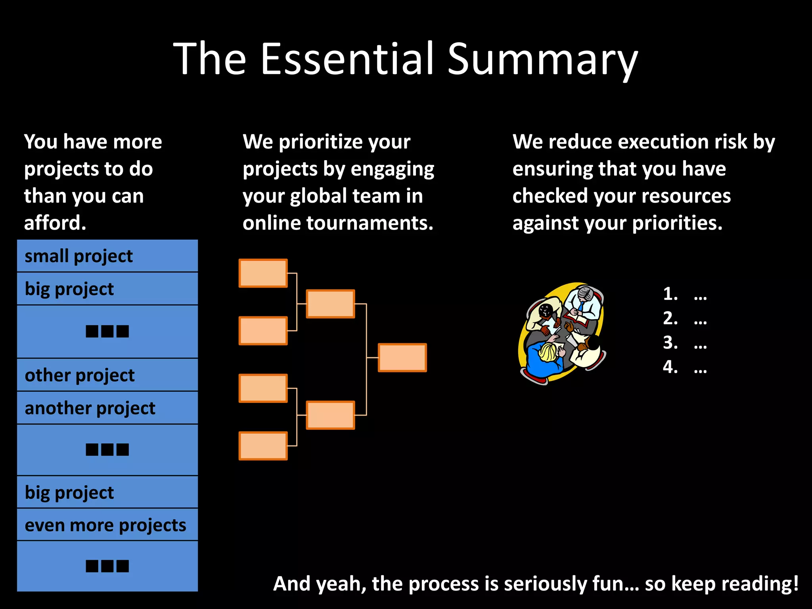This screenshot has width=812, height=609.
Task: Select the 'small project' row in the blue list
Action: [x=107, y=256]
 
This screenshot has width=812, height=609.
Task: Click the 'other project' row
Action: [x=107, y=375]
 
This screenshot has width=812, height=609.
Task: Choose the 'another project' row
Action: [x=107, y=408]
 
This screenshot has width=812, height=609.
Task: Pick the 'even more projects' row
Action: [x=107, y=525]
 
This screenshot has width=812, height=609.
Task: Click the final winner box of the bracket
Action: [x=402, y=358]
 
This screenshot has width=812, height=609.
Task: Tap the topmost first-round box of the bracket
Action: [x=263, y=273]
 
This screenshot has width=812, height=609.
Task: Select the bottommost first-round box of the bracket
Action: [x=263, y=446]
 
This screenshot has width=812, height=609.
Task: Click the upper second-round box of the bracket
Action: [x=330, y=304]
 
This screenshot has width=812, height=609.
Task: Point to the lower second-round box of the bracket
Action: [x=330, y=415]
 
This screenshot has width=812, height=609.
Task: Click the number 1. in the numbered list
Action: [x=670, y=294]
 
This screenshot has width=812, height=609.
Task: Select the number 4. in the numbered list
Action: [x=670, y=367]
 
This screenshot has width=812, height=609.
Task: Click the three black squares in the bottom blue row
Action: [x=107, y=566]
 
